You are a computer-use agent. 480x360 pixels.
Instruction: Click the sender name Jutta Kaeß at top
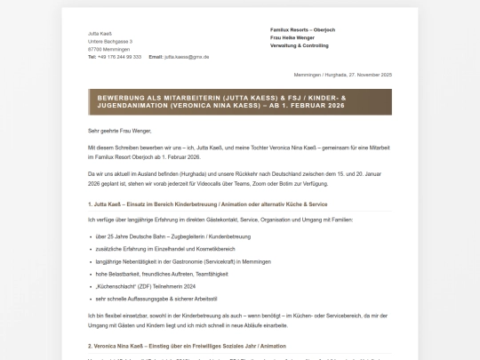99,32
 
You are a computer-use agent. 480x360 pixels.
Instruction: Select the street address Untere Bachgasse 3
110,40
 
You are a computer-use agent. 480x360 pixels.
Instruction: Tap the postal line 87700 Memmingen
107,48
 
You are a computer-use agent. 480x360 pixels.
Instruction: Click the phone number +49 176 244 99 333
119,56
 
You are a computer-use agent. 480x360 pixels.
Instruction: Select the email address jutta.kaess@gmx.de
187,56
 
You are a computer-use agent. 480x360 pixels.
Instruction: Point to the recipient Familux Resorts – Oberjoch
308,29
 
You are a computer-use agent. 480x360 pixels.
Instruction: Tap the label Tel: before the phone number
92,56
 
